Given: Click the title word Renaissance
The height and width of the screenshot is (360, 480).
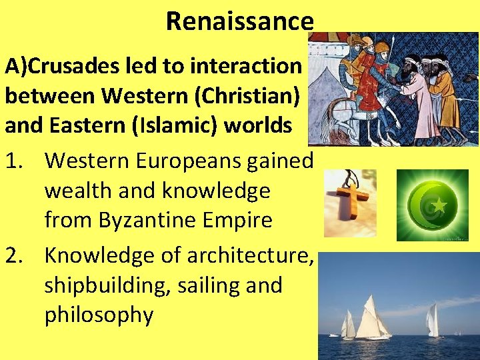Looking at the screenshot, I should point(239,21).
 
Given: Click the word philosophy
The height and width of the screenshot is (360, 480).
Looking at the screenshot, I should point(99,315).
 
